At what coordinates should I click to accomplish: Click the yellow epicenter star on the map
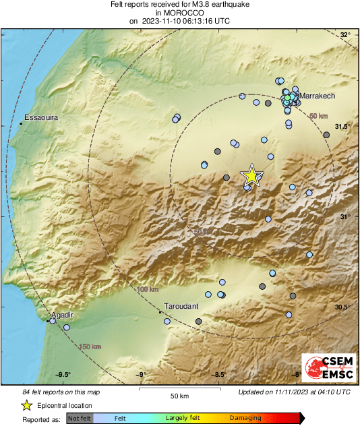point(251,176)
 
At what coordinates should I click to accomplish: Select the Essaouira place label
point(41,118)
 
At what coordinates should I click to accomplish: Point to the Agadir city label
point(61,315)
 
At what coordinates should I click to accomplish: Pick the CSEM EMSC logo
point(327,369)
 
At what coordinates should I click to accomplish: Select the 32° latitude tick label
point(344,35)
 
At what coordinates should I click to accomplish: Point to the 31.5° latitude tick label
point(342,126)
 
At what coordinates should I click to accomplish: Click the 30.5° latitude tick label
point(342,307)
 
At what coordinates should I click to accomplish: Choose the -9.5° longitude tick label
point(63,375)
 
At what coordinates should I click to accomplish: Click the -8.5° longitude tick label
point(220,375)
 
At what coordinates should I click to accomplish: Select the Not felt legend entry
point(80,419)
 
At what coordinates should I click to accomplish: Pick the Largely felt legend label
point(183,419)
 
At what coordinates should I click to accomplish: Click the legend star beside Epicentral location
point(26,405)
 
